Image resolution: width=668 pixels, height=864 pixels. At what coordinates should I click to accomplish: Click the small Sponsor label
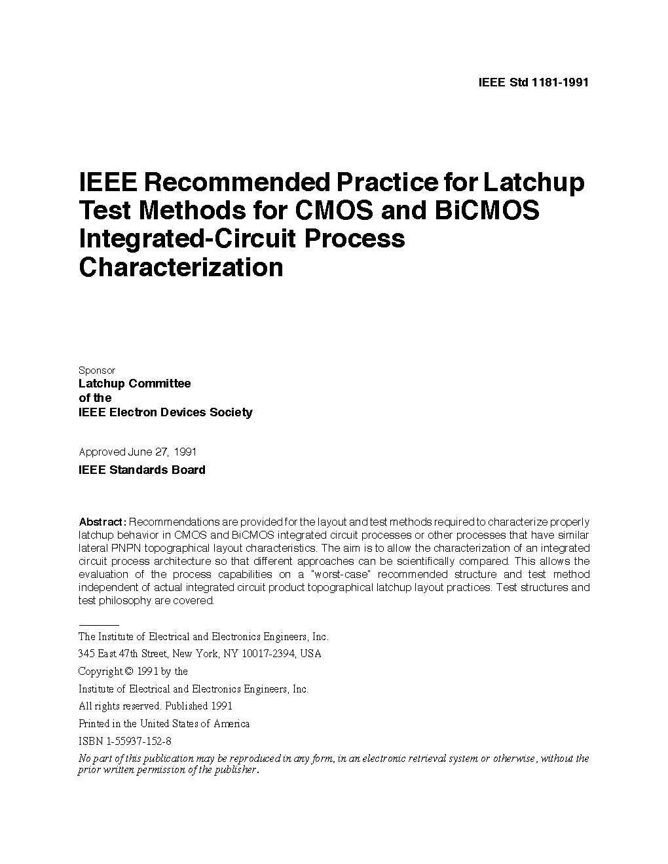[96, 370]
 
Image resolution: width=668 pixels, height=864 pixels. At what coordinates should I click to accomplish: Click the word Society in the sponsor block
[231, 412]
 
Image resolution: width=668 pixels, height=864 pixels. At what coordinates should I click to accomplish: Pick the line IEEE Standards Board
[141, 470]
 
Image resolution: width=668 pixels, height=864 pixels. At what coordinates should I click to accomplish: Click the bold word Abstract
[102, 522]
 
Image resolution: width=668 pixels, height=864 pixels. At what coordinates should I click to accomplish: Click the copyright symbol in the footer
[129, 672]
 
